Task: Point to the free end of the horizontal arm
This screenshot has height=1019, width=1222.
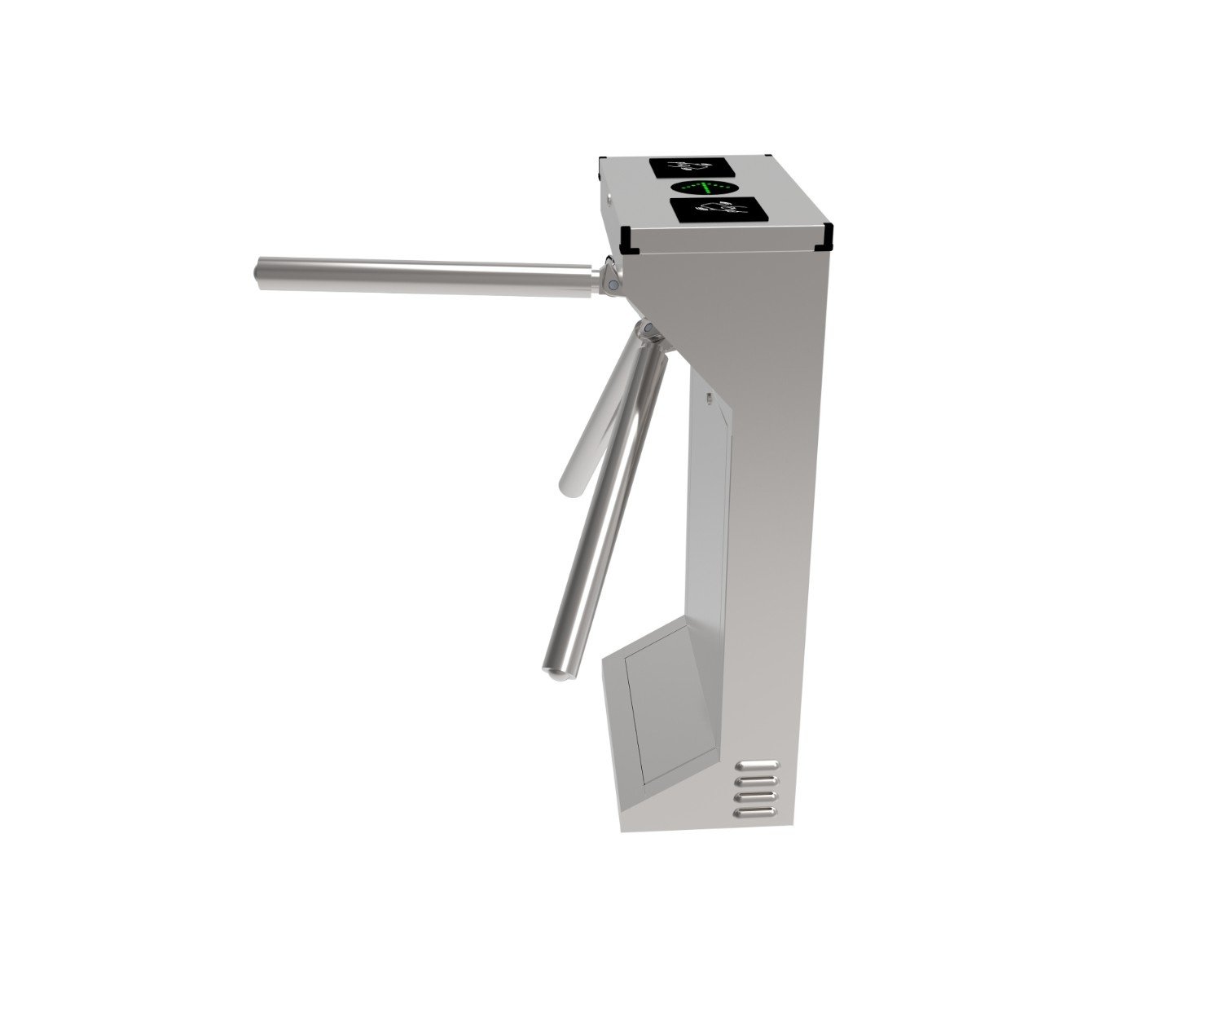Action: [x=260, y=273]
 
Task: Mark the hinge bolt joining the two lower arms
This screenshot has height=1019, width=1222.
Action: [x=649, y=329]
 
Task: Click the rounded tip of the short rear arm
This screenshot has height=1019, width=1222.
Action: [x=568, y=487]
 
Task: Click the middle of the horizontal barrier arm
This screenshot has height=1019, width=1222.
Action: [x=424, y=275]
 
